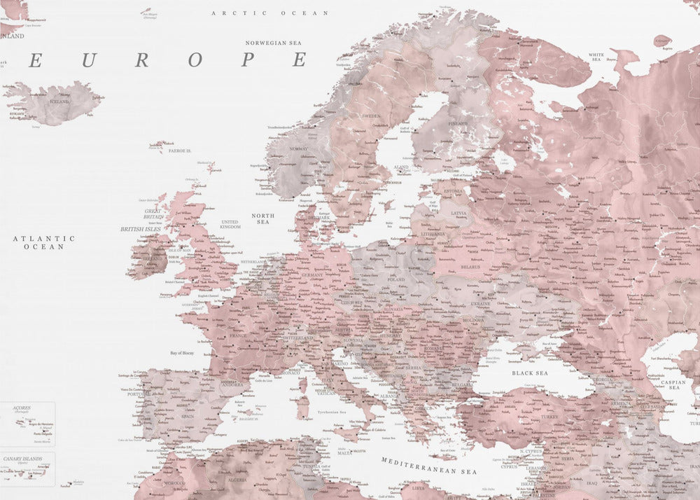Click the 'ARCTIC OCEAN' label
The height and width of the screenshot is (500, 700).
(270, 13)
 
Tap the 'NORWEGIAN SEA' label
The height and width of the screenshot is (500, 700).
(273, 43)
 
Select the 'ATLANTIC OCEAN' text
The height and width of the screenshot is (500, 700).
(43, 242)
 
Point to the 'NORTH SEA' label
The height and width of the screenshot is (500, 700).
(262, 218)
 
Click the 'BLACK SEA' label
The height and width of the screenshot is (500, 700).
(529, 373)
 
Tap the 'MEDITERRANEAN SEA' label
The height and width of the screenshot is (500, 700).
(429, 471)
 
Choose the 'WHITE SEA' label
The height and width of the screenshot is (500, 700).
(596, 56)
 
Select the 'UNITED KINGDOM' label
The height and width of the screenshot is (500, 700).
(230, 224)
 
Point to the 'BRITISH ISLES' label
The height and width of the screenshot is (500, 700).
(141, 229)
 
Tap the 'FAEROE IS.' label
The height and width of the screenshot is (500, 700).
(180, 151)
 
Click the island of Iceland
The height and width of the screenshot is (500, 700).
(56, 102)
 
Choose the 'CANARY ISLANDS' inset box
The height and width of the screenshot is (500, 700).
(28, 469)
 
